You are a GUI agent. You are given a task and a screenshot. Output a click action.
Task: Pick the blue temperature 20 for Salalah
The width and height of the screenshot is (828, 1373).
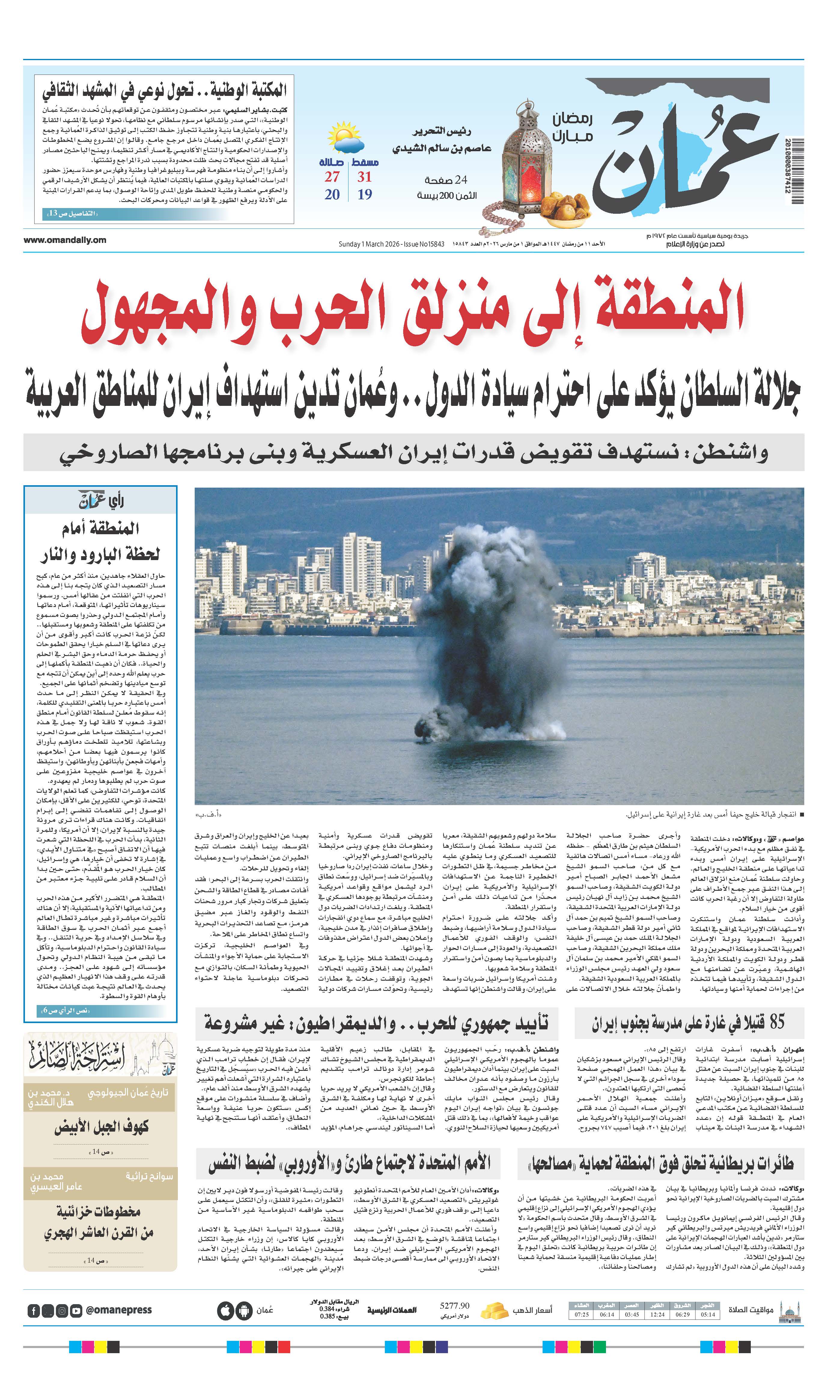coord(332,195)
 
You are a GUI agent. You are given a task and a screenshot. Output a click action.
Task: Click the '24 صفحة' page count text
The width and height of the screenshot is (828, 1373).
coord(446,180)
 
